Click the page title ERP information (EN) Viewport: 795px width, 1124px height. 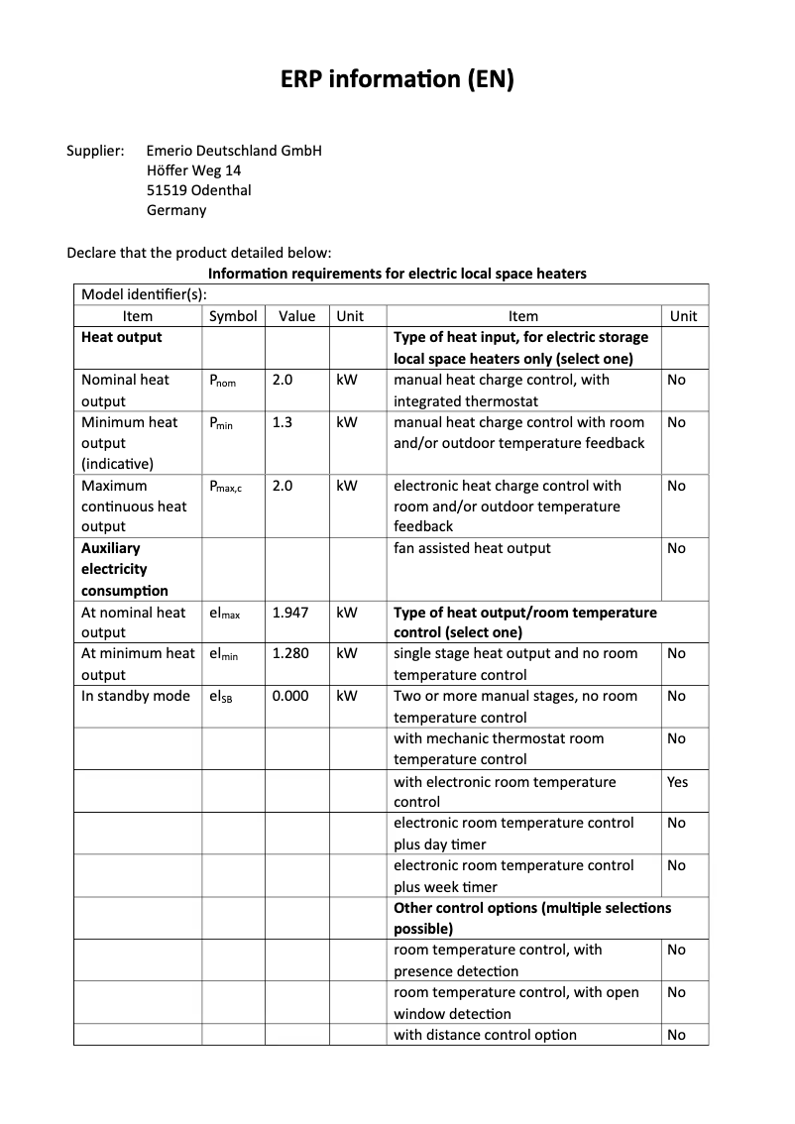coord(397,80)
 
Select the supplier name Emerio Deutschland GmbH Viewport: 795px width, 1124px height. coord(234,151)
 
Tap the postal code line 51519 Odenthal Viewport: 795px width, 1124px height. coord(198,190)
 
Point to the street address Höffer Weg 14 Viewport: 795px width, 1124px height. coord(193,170)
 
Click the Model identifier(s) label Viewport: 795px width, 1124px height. coord(144,294)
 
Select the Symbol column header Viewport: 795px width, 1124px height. coord(233,316)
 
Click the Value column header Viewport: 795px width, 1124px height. coord(296,316)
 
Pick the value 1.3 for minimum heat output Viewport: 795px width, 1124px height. coord(283,422)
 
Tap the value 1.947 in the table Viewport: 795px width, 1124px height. coord(290,613)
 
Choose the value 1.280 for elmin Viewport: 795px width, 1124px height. coord(290,653)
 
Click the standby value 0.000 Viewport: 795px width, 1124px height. coord(290,696)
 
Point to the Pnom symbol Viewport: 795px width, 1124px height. coord(222,381)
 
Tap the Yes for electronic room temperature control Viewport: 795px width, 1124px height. coord(677,782)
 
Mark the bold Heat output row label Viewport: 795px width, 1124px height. coord(121,337)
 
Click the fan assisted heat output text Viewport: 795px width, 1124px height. coord(472,548)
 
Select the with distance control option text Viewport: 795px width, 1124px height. coord(485,1035)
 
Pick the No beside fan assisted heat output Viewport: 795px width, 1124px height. coord(676,548)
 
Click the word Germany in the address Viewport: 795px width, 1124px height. coord(176,210)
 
